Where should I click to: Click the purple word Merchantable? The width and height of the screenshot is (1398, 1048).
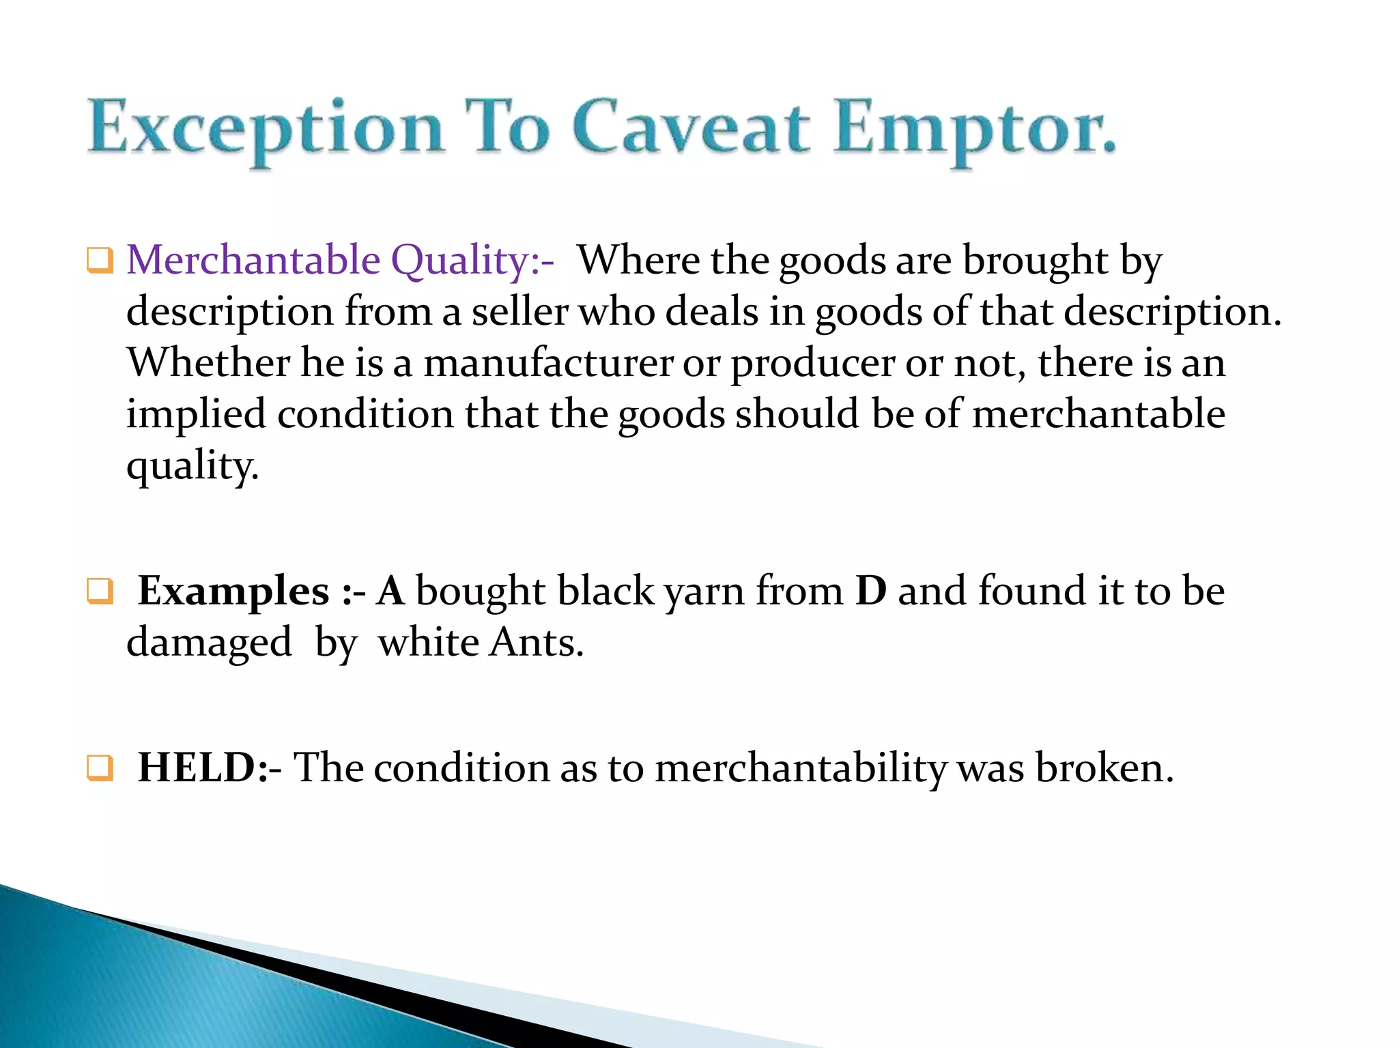pos(253,261)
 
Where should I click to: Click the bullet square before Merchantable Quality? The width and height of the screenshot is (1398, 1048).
pos(100,261)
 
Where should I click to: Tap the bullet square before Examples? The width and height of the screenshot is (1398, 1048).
pos(100,592)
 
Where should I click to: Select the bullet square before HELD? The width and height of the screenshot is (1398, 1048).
pos(100,768)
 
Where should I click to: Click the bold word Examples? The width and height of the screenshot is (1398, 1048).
pos(233,591)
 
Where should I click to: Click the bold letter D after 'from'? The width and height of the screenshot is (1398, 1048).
pos(871,591)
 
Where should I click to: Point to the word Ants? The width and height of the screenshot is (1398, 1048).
pos(537,643)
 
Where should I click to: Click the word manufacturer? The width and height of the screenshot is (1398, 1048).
pos(548,362)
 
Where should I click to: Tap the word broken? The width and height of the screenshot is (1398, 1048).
pos(1104,768)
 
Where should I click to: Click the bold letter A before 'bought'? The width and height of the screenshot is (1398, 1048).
pos(390,591)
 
